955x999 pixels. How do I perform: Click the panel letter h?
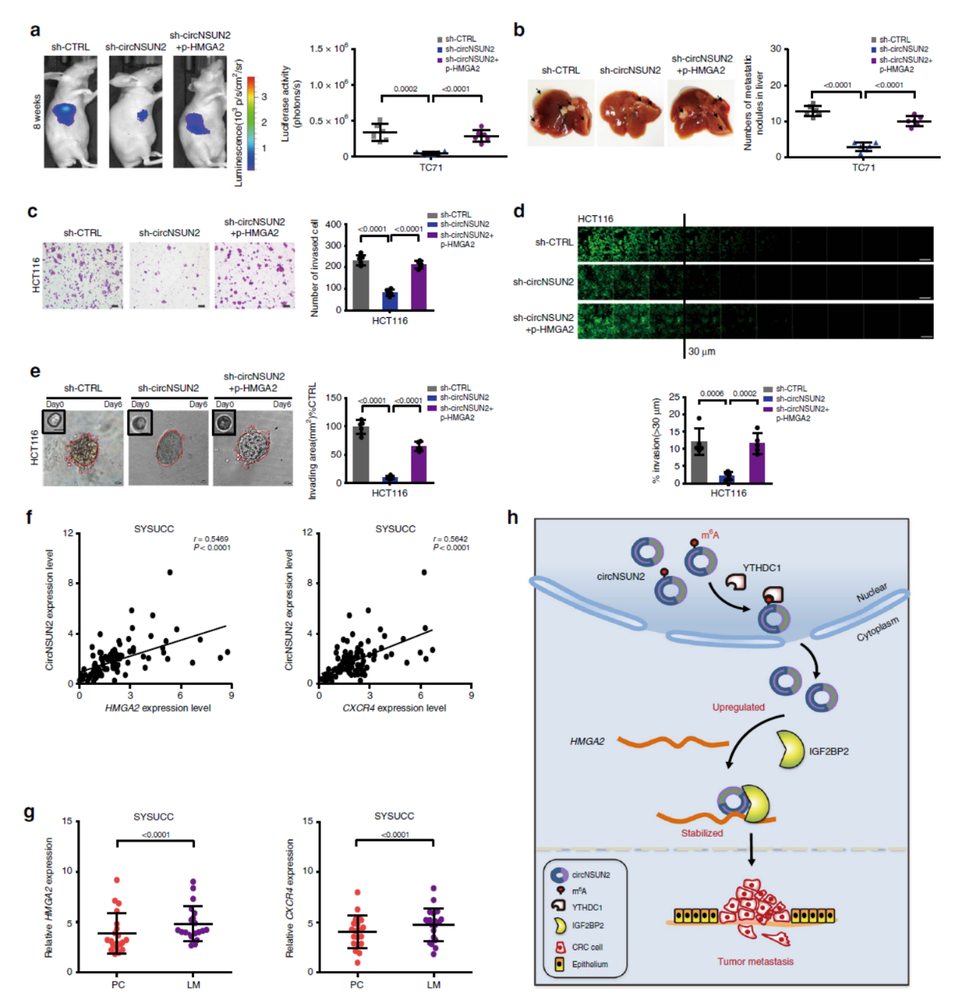point(513,517)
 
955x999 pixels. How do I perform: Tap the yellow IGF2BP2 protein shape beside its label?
point(790,750)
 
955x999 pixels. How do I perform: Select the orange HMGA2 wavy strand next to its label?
point(672,742)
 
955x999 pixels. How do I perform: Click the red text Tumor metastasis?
point(755,961)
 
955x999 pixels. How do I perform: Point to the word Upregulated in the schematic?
point(738,708)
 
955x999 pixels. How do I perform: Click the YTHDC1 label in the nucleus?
point(761,568)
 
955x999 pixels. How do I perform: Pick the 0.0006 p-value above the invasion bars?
point(711,393)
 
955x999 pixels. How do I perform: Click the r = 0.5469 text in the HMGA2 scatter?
point(213,539)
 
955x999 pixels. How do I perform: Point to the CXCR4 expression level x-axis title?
point(394,708)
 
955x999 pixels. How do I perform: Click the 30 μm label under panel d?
point(701,352)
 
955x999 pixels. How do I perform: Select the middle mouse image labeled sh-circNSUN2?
point(136,112)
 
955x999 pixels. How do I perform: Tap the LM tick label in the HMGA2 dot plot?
point(194,985)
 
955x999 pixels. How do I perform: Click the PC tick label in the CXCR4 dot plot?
point(357,985)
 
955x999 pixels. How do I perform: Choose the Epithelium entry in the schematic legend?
point(589,964)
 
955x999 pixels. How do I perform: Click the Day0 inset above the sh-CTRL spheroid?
point(54,421)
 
